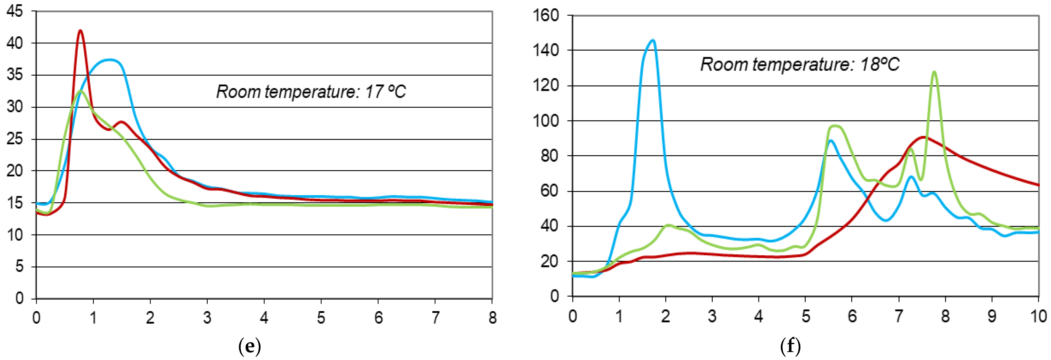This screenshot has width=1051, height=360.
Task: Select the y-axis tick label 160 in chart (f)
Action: (546, 16)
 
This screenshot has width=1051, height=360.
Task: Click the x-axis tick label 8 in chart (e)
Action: (493, 318)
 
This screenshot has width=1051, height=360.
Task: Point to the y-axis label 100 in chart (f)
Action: (546, 121)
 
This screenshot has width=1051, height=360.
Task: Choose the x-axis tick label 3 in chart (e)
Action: (207, 318)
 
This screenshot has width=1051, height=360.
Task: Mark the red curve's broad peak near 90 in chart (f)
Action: (923, 137)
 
